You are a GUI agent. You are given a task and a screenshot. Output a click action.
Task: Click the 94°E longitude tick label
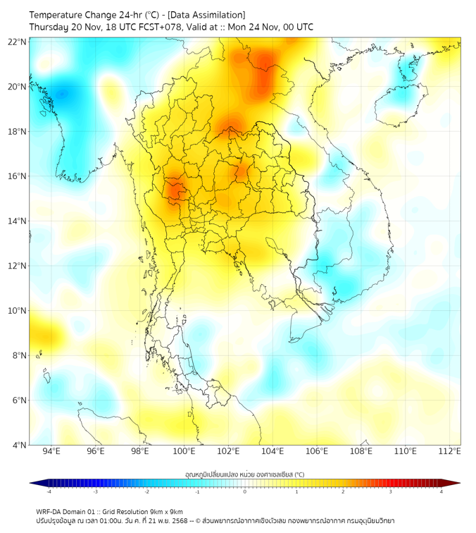click(x=51, y=451)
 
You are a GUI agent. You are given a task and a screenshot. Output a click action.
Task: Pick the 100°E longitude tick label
click(x=184, y=451)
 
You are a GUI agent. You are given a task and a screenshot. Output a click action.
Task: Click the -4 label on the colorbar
click(x=48, y=491)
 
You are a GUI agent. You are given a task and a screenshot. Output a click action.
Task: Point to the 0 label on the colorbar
click(x=245, y=491)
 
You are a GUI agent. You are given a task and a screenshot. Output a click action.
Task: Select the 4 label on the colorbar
click(x=441, y=491)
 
